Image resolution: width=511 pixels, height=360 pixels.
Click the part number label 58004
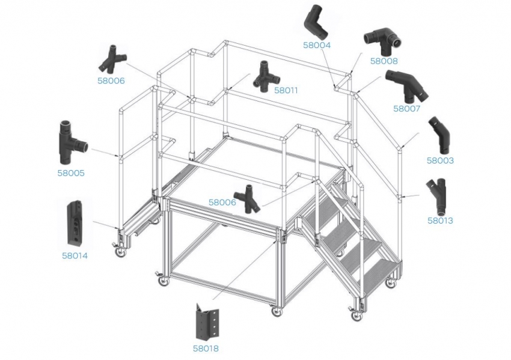317,44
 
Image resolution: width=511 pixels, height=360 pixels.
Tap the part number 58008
384,61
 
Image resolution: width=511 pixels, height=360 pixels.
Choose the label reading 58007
408,109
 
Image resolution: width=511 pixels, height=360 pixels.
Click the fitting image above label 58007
407,86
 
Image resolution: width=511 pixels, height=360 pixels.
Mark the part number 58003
440,160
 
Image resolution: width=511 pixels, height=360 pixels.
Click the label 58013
440,221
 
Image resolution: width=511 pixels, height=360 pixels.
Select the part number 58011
286,90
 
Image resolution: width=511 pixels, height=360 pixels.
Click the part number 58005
72,173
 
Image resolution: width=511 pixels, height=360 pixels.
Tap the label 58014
75,255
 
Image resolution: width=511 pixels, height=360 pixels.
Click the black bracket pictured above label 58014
75,222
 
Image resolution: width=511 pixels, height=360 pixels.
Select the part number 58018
206,347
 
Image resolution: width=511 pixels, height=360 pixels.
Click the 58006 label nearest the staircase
222,203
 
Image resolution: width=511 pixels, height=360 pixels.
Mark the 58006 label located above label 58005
111,80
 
